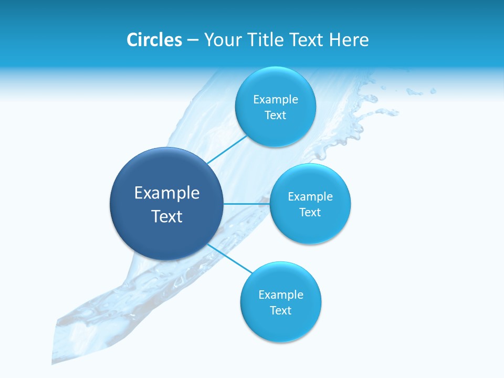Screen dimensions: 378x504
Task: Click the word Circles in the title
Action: click(x=154, y=40)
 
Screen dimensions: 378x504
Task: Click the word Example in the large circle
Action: click(x=167, y=193)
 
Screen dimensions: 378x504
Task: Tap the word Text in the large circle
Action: click(x=167, y=216)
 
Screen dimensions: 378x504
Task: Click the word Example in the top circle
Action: click(x=276, y=100)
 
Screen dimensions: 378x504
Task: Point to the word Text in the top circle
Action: click(x=276, y=115)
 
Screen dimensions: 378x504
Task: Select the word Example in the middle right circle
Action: click(x=310, y=197)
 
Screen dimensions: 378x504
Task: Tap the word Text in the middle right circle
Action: click(x=310, y=213)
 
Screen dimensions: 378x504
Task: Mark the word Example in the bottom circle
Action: click(x=281, y=295)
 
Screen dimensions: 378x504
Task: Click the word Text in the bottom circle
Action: click(x=281, y=311)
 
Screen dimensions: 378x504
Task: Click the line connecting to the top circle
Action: click(x=227, y=149)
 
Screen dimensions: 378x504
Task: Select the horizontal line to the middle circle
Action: click(x=247, y=204)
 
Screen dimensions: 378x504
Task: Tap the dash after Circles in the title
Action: click(x=193, y=40)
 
